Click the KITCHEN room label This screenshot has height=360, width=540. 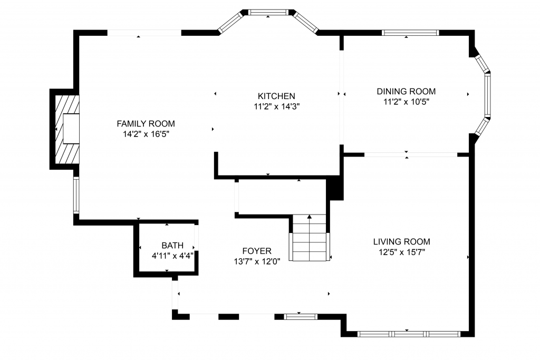(276, 96)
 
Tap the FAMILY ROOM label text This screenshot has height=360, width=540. (146, 123)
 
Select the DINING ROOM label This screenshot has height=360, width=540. (406, 91)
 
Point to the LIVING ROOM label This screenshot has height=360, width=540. (401, 241)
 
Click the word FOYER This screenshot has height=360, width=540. (257, 251)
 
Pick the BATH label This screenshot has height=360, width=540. (172, 246)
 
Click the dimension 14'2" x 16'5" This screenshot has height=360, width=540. (146, 134)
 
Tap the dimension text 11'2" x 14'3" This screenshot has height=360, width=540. (276, 106)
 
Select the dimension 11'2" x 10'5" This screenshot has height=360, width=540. (407, 102)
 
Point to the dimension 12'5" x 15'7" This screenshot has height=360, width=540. (402, 252)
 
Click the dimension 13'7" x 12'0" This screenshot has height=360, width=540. (257, 261)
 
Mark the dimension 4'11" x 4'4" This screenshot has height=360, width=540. (172, 256)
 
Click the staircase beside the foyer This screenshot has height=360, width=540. (309, 238)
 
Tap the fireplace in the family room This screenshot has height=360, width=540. (67, 129)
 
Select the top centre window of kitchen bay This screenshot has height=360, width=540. (268, 13)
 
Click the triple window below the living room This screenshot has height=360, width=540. (409, 334)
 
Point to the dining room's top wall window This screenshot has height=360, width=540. (410, 33)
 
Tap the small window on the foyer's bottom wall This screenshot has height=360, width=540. (300, 317)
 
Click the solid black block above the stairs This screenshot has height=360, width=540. (334, 188)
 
